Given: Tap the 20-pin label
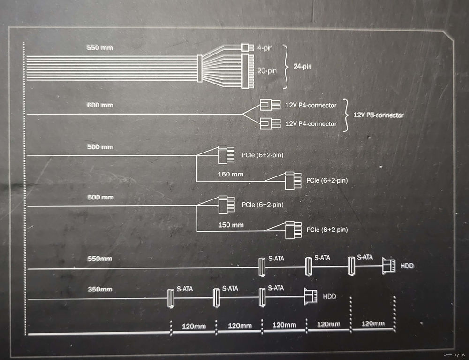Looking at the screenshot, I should [x=267, y=70].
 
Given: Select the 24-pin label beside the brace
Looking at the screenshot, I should [x=303, y=67].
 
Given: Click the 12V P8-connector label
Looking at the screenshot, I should [x=378, y=115].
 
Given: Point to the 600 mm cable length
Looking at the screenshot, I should [x=100, y=105].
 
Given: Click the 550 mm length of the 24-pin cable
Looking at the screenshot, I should [x=100, y=48].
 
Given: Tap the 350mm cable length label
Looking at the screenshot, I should [x=100, y=289].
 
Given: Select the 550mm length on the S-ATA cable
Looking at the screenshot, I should [x=100, y=259].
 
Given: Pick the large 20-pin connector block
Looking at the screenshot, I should [x=248, y=71].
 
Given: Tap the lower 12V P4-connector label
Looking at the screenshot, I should [x=311, y=124].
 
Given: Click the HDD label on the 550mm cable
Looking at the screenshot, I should [x=408, y=266].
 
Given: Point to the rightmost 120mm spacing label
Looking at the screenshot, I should [x=373, y=323].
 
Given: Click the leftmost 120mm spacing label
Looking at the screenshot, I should [x=194, y=326].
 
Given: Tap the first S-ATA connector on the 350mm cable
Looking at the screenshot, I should [x=171, y=299].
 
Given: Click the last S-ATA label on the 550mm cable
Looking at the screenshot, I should [x=364, y=257].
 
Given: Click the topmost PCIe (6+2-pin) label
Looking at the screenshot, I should [x=263, y=154].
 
